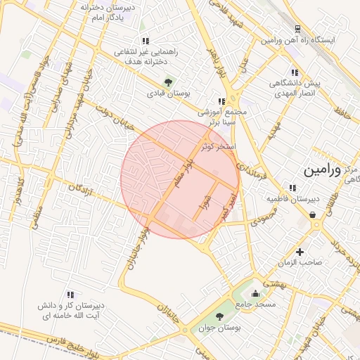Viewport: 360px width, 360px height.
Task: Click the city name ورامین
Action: pos(322,171)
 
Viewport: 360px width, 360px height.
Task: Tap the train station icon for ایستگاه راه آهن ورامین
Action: pos(298,29)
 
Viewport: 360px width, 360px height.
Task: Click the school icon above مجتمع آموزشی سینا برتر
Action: pos(221,101)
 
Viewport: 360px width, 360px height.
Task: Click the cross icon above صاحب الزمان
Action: pos(300,252)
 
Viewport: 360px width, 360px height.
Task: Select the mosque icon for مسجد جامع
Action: pos(255,293)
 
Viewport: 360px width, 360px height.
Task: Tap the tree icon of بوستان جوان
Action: pos(219,316)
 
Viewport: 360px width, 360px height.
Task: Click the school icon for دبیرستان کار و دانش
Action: pos(70,295)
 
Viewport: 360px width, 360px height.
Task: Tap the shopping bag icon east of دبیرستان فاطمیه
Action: pos(311,215)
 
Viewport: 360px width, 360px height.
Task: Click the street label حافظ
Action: pos(342,110)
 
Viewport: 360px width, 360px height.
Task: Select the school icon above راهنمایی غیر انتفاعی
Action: pos(146,41)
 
